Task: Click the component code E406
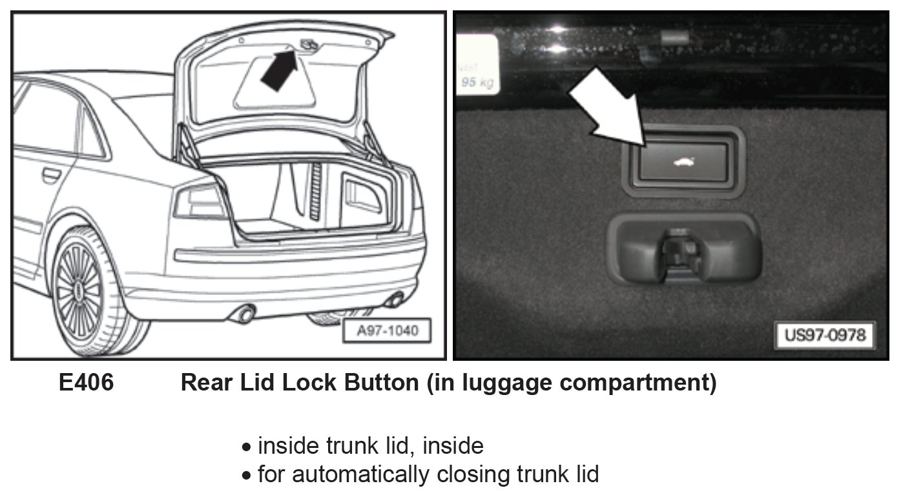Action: coord(86,383)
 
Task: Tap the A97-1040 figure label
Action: coord(388,332)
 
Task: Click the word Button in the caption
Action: coord(382,383)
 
